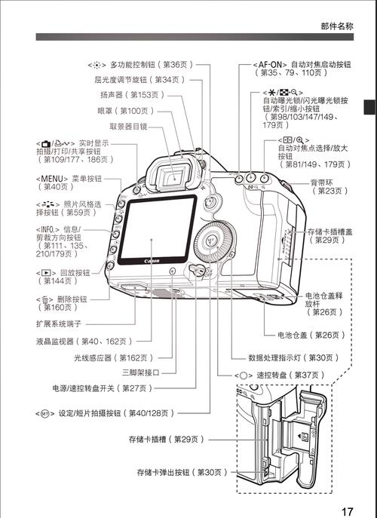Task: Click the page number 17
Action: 346,511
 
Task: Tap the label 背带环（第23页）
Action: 329,186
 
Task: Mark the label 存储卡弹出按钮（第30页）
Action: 182,472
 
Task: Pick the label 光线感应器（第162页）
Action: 114,357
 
